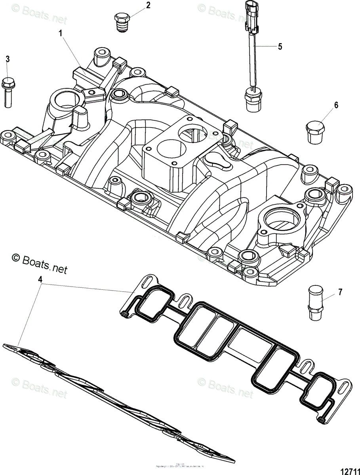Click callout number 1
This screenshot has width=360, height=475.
(61, 34)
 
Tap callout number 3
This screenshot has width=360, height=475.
(7, 59)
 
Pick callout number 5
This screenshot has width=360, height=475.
(280, 46)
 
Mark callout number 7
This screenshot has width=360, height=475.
(339, 293)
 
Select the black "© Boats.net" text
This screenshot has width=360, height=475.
(40, 259)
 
